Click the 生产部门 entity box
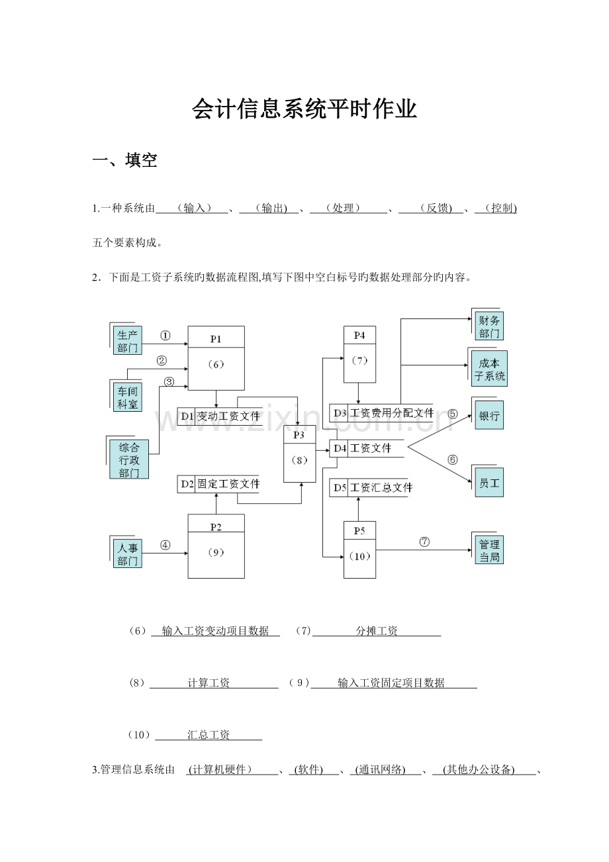[128, 341]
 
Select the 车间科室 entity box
[128, 397]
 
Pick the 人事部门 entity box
[128, 554]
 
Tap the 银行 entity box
[489, 417]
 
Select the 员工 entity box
[489, 483]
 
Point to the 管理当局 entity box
[489, 550]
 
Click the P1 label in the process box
[216, 338]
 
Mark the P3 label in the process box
[300, 435]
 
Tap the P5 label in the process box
[359, 531]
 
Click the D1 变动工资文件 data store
[219, 416]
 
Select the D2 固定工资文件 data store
[218, 484]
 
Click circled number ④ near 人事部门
[165, 546]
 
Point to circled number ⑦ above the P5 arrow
[424, 541]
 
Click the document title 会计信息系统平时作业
[304, 109]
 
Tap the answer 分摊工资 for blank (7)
[377, 632]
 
